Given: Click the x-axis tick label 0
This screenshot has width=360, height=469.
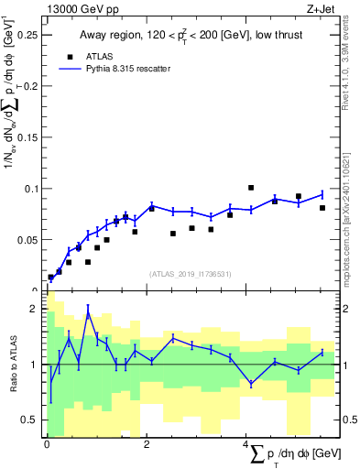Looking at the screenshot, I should coord(48,445).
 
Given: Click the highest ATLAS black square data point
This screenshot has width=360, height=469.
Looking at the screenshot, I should coord(251,188).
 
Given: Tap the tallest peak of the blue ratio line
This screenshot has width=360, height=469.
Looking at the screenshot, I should coord(88,313).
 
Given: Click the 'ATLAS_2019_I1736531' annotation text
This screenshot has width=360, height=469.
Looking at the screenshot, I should coord(189,274).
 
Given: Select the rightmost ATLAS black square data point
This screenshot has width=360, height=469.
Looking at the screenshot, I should coord(322,208).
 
